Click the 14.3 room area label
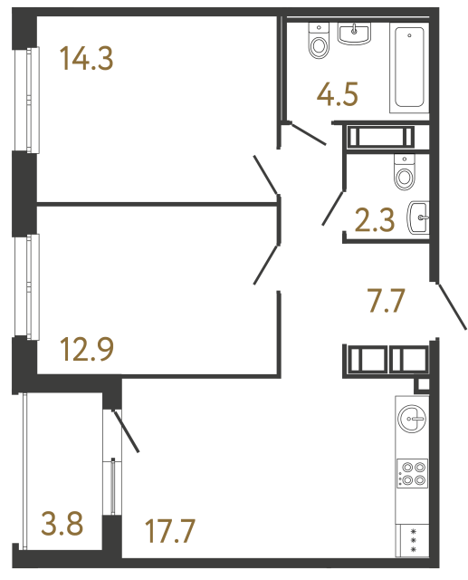click(86, 61)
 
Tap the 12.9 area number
click(88, 348)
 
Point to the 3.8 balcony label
click(62, 523)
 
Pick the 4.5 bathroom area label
click(338, 94)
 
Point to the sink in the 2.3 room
click(419, 217)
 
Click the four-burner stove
click(413, 475)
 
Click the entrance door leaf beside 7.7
click(452, 306)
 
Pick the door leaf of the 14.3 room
click(266, 174)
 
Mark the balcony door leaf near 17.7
click(124, 430)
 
